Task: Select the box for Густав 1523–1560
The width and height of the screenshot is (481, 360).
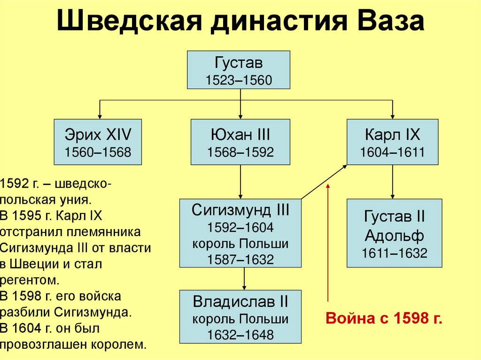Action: click(239, 69)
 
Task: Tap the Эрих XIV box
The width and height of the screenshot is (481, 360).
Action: click(98, 142)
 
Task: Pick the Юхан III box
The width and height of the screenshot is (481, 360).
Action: click(240, 142)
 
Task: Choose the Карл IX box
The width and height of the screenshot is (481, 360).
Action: click(392, 142)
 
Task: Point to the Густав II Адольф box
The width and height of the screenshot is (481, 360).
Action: click(394, 233)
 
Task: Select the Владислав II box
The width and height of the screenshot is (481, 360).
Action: click(240, 316)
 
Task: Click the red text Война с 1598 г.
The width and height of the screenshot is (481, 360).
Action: click(384, 318)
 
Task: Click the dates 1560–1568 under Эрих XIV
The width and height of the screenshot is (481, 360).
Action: click(98, 152)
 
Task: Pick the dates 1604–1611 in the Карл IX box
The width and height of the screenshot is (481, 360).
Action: click(392, 152)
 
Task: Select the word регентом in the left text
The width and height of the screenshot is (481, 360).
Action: click(30, 281)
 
